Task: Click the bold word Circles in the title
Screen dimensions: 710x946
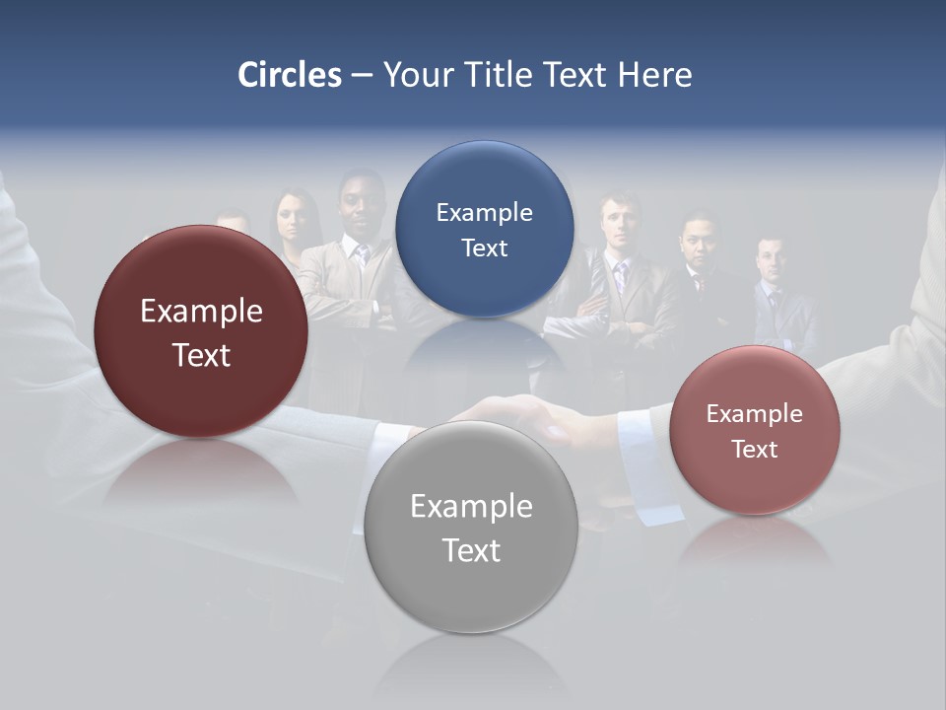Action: pos(289,75)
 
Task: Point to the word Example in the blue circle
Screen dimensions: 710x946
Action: pos(484,213)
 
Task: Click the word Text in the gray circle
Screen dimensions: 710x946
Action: pos(471,550)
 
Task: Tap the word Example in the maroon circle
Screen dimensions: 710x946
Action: pos(201,312)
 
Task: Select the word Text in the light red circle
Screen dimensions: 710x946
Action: pos(755,450)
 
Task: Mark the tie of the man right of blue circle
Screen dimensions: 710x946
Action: pos(620,277)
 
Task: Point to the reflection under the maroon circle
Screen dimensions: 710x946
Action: pos(201,473)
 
